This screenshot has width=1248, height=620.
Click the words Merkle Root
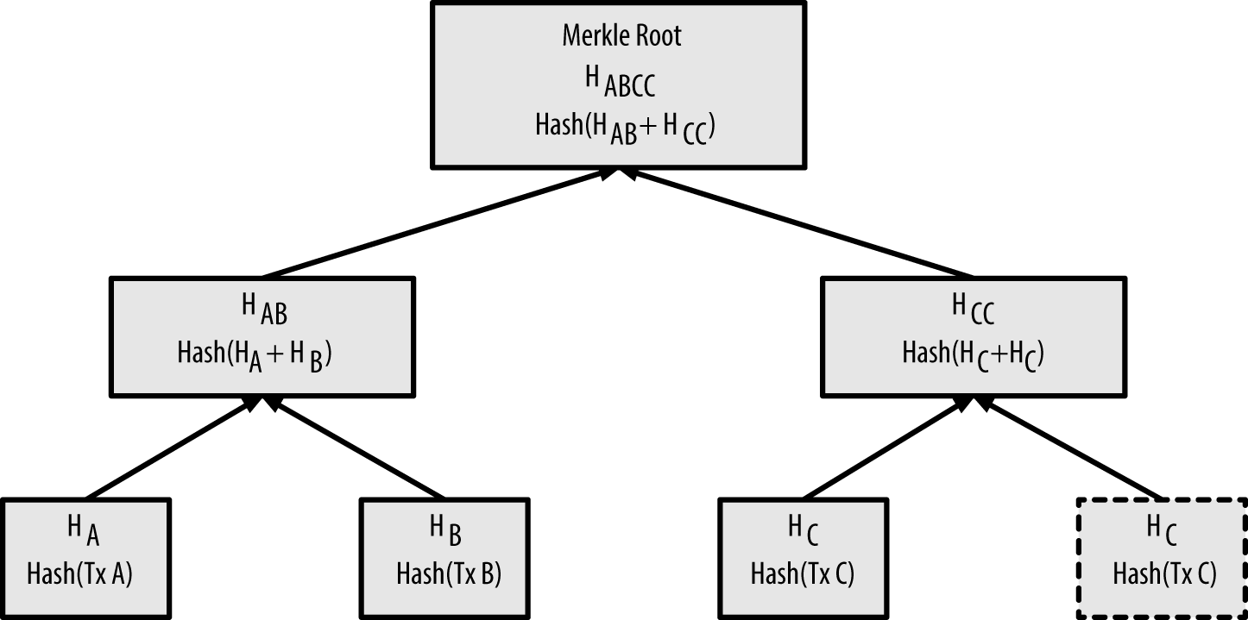(621, 36)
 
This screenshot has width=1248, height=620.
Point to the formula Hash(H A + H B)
(255, 354)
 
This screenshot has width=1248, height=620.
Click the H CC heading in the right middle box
(973, 308)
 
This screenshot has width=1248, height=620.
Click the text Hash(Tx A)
(80, 573)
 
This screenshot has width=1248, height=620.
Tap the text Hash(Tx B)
(449, 573)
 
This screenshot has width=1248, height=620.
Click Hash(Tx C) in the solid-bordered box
(803, 573)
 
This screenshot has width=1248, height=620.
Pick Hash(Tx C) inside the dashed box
(1164, 573)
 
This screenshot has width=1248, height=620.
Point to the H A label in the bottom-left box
(84, 530)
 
